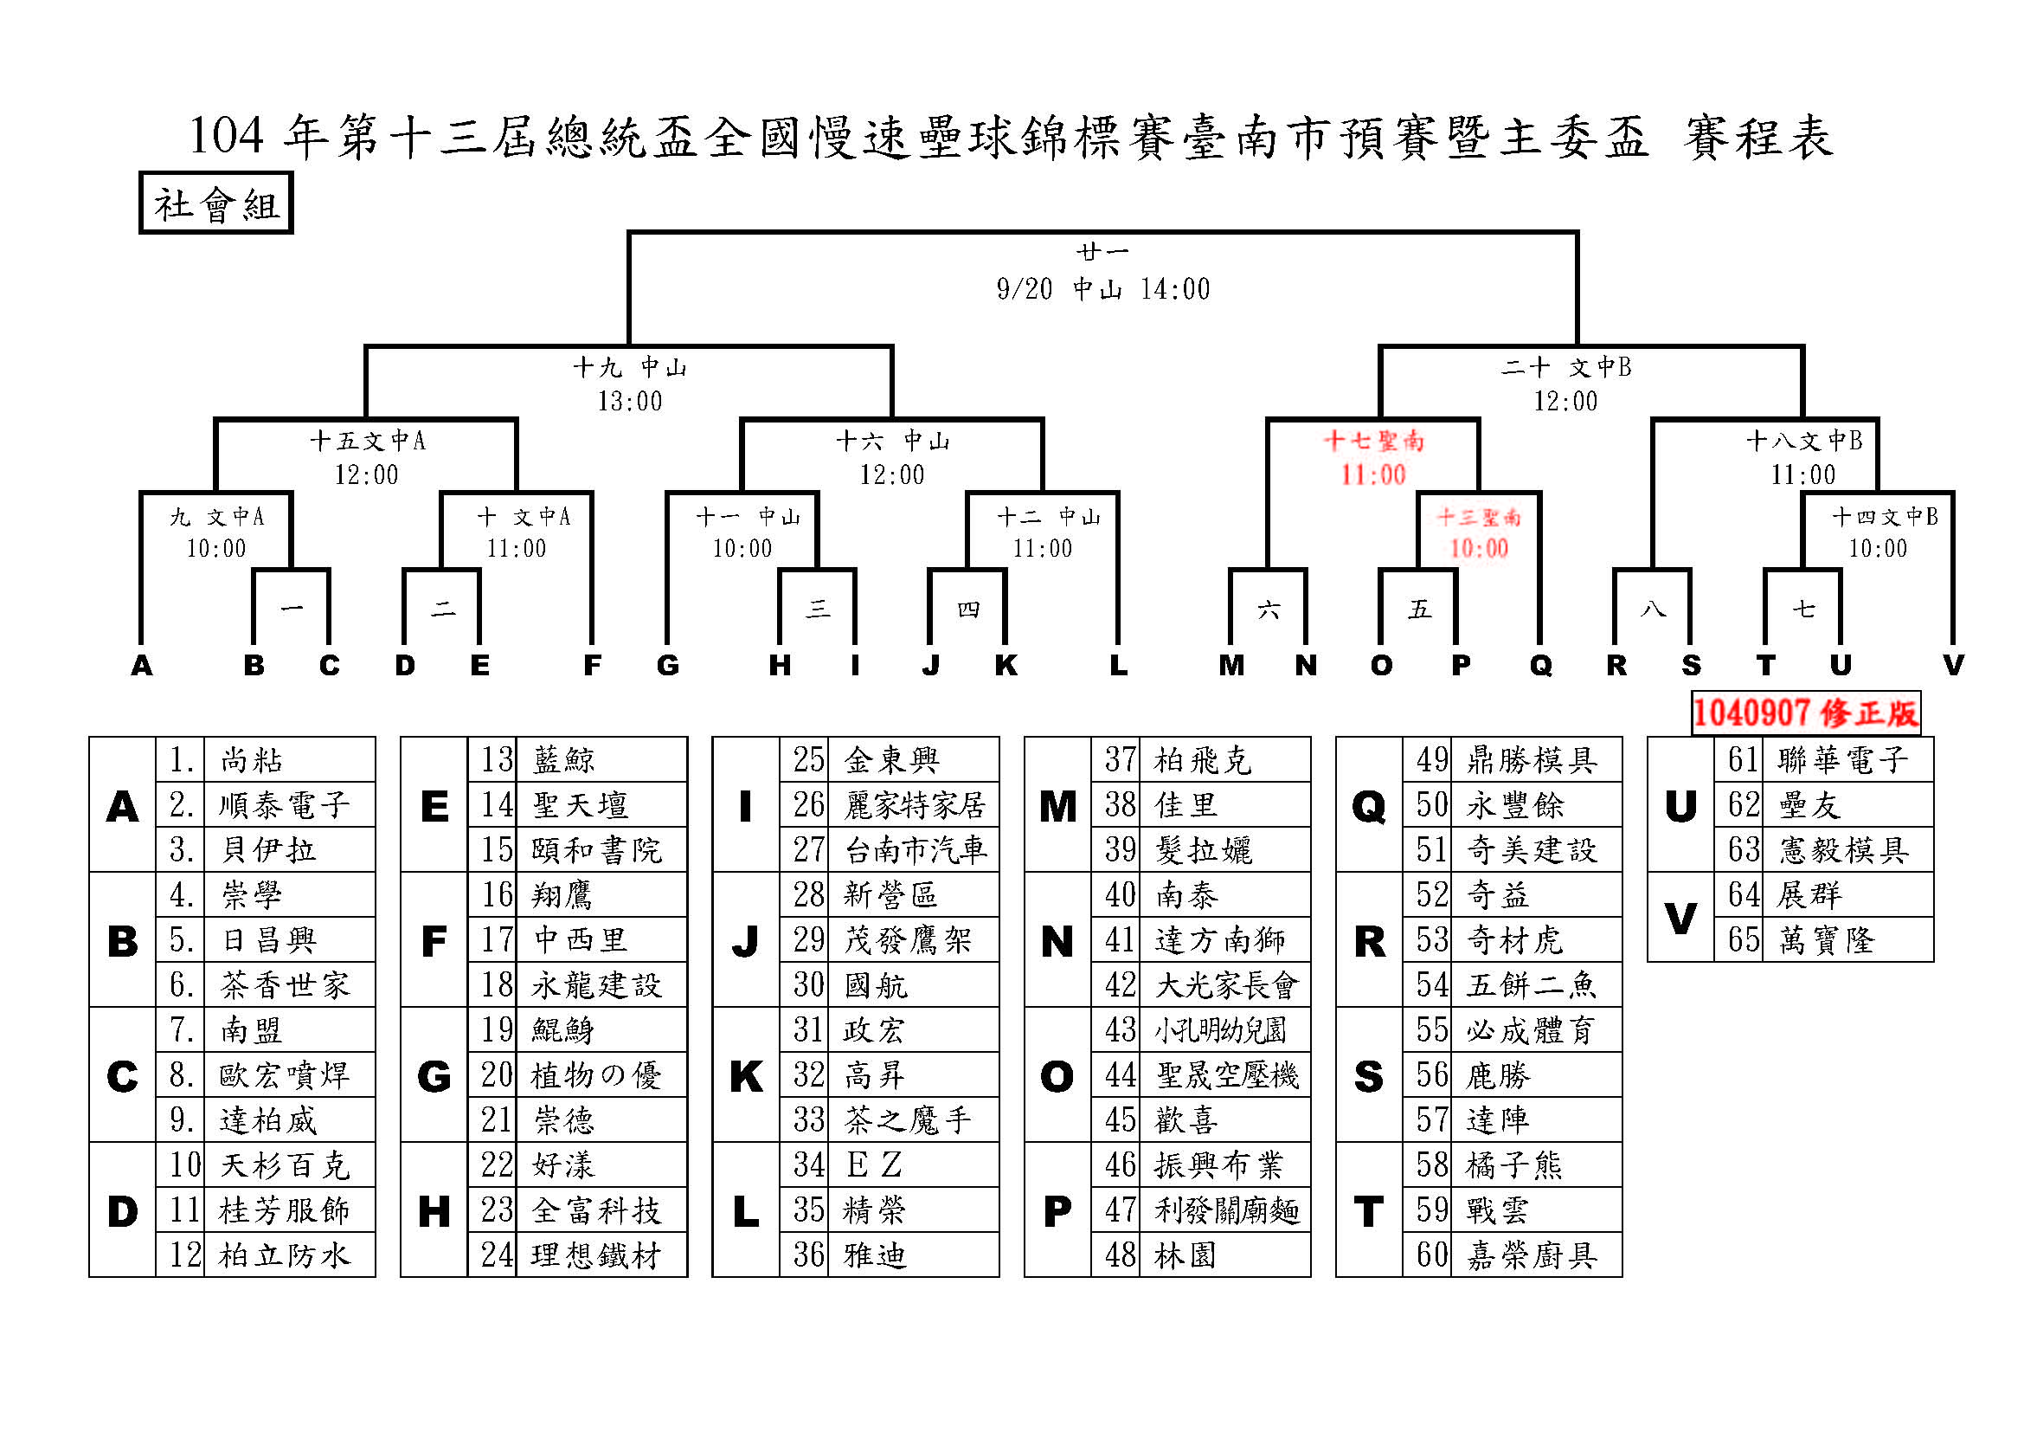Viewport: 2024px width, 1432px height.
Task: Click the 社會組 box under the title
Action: point(216,203)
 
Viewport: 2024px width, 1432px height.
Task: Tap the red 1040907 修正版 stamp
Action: point(1805,713)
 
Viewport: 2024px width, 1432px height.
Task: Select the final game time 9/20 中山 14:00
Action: point(1102,289)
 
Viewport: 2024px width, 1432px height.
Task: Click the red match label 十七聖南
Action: point(1373,441)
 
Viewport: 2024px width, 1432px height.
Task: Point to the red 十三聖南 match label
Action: point(1479,517)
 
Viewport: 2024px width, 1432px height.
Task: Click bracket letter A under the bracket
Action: point(141,665)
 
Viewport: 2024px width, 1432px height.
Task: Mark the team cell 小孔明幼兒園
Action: point(1221,1030)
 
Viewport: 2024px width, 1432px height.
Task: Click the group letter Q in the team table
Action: point(1369,806)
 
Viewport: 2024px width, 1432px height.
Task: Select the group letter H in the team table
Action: point(434,1211)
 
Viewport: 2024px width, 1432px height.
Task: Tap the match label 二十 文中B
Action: point(1566,367)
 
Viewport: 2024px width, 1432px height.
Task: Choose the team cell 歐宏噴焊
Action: point(284,1075)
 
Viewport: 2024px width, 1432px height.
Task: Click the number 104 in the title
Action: point(227,136)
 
